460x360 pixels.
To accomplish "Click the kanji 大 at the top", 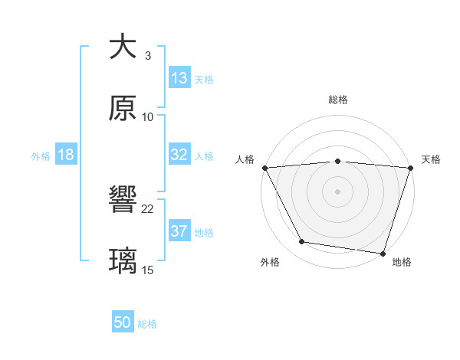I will coord(123,47).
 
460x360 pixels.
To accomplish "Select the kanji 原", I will coord(123,108).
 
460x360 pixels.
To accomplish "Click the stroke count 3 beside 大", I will coord(148,56).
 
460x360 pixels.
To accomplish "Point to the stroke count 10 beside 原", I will coord(148,117).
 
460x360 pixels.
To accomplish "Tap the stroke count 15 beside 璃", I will coord(148,270).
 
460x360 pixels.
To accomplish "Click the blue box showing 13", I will coord(179,78).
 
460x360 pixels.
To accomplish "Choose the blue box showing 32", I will coord(179,155).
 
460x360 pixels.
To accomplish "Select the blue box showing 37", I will coord(179,231).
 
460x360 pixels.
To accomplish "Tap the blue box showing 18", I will coord(66,155).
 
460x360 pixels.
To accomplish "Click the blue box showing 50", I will coord(123,323).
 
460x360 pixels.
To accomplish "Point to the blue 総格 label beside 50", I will coord(147,324).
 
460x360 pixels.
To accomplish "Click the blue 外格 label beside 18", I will coord(41,155).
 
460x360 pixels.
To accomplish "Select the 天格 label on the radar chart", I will coord(431,159).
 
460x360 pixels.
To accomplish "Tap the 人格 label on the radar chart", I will coord(245,159).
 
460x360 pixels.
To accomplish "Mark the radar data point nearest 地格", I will coord(383,253).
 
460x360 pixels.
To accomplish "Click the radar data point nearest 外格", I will coord(302,242).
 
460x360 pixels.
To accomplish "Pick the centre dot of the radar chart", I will coord(337,191).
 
